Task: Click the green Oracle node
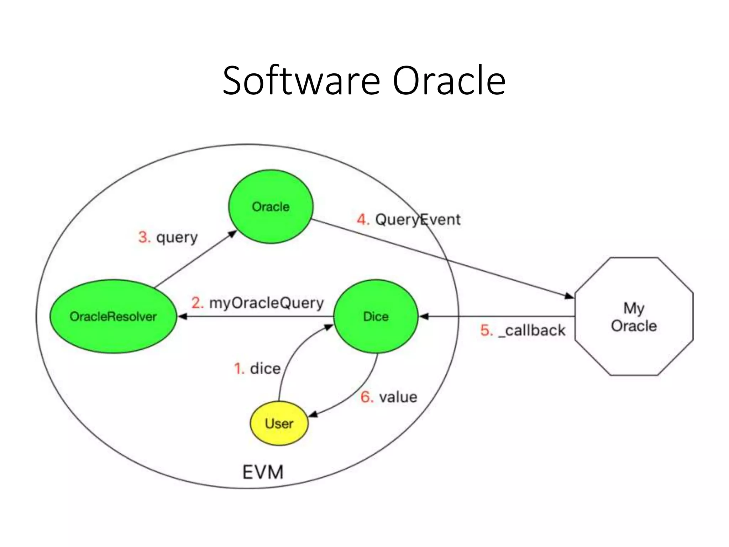tap(271, 207)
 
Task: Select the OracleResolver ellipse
tap(113, 316)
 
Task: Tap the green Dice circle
tap(376, 316)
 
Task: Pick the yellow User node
tap(279, 423)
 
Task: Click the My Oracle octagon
tap(634, 317)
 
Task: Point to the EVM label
tap(263, 472)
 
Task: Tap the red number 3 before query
tap(144, 237)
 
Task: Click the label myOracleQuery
tap(266, 303)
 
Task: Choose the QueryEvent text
tap(418, 219)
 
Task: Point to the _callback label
tap(532, 330)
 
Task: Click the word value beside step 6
tap(398, 397)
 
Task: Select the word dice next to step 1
tap(265, 368)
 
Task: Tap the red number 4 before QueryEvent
tap(363, 219)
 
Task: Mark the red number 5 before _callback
tap(486, 330)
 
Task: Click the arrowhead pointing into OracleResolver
tap(182, 316)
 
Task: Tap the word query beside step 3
tap(177, 238)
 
